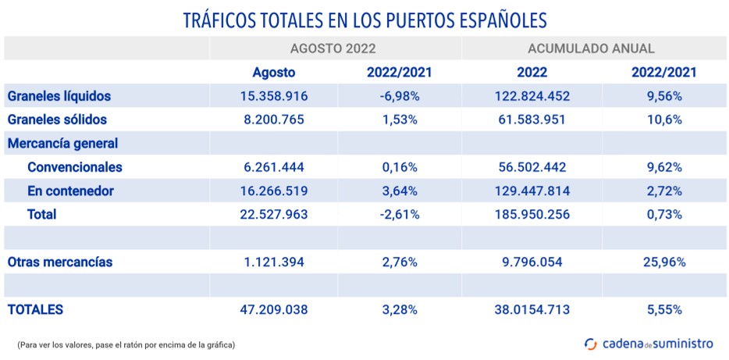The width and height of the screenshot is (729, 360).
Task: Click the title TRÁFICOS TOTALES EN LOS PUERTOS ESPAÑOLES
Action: [364, 20]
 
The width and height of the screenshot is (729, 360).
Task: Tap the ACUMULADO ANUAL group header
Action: [591, 48]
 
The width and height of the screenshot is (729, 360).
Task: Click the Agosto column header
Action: [273, 73]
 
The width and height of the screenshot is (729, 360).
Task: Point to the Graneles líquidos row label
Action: [59, 97]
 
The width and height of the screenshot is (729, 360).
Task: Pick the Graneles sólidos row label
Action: [57, 120]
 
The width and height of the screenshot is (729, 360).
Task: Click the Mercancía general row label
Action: [62, 144]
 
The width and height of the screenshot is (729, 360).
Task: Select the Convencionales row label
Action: [74, 167]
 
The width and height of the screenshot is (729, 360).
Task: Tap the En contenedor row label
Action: [70, 191]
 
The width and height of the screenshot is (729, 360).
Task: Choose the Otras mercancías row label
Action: [60, 262]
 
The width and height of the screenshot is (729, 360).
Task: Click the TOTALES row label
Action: [35, 310]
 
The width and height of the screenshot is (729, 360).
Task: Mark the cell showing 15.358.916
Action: [273, 97]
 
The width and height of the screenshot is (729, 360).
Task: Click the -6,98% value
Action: [399, 97]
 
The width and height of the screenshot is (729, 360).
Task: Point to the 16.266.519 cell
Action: [273, 191]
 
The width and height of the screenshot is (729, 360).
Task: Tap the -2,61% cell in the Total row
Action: [399, 215]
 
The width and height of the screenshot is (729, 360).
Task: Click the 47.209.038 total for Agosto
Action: [273, 310]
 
